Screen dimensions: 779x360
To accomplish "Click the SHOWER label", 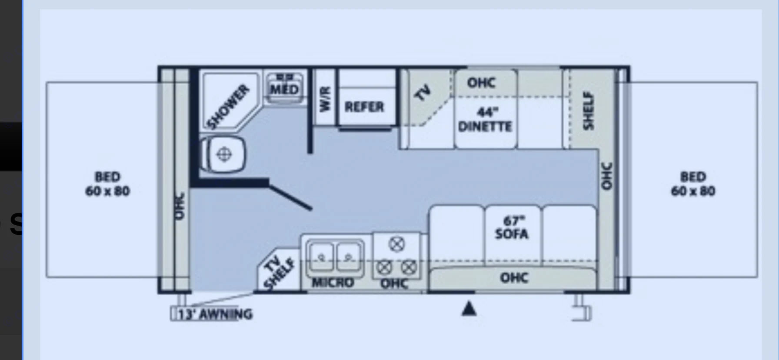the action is [228, 107].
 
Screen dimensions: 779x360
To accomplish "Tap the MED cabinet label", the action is [284, 90].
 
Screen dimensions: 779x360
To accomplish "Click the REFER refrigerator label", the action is [364, 107].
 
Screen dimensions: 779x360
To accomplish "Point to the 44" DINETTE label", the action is [485, 120].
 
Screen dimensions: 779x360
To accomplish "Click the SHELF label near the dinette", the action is [588, 110].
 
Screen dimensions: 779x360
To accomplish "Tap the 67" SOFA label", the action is [512, 228].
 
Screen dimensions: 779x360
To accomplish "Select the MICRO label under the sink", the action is [333, 283].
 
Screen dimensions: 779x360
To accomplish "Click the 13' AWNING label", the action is [215, 314].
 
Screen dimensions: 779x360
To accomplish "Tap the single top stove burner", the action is [396, 244].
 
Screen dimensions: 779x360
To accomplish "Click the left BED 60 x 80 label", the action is [107, 184].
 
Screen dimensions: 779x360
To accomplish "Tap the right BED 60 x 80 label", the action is [692, 184].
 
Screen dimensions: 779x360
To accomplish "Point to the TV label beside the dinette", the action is [422, 93].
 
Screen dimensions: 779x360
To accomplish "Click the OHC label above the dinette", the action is [481, 83].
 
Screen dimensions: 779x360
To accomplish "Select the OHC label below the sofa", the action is [514, 277].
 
